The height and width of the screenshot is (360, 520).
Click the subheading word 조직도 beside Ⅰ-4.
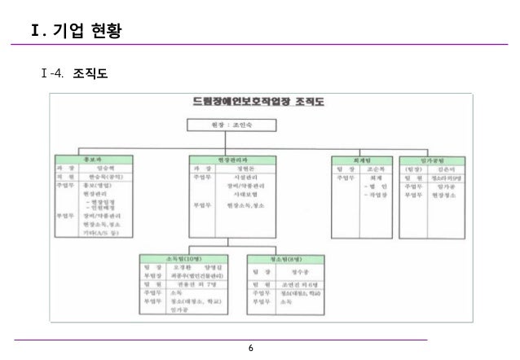[x=90, y=74]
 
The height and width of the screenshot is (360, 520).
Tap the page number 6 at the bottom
[x=251, y=349]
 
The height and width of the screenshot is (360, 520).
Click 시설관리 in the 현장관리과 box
[x=245, y=176]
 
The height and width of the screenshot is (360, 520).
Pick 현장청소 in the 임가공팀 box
[x=447, y=195]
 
